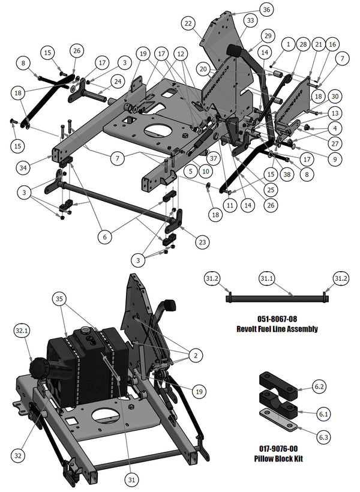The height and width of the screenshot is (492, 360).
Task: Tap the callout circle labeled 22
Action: [188, 23]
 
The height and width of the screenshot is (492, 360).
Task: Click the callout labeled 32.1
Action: [22, 331]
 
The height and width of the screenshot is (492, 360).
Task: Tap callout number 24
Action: [118, 81]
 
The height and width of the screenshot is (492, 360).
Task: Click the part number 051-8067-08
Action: [276, 320]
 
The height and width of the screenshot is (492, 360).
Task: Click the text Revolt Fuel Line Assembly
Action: [276, 329]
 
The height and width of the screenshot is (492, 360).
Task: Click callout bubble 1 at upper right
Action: [288, 44]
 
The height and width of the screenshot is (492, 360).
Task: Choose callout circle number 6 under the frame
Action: [105, 237]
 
